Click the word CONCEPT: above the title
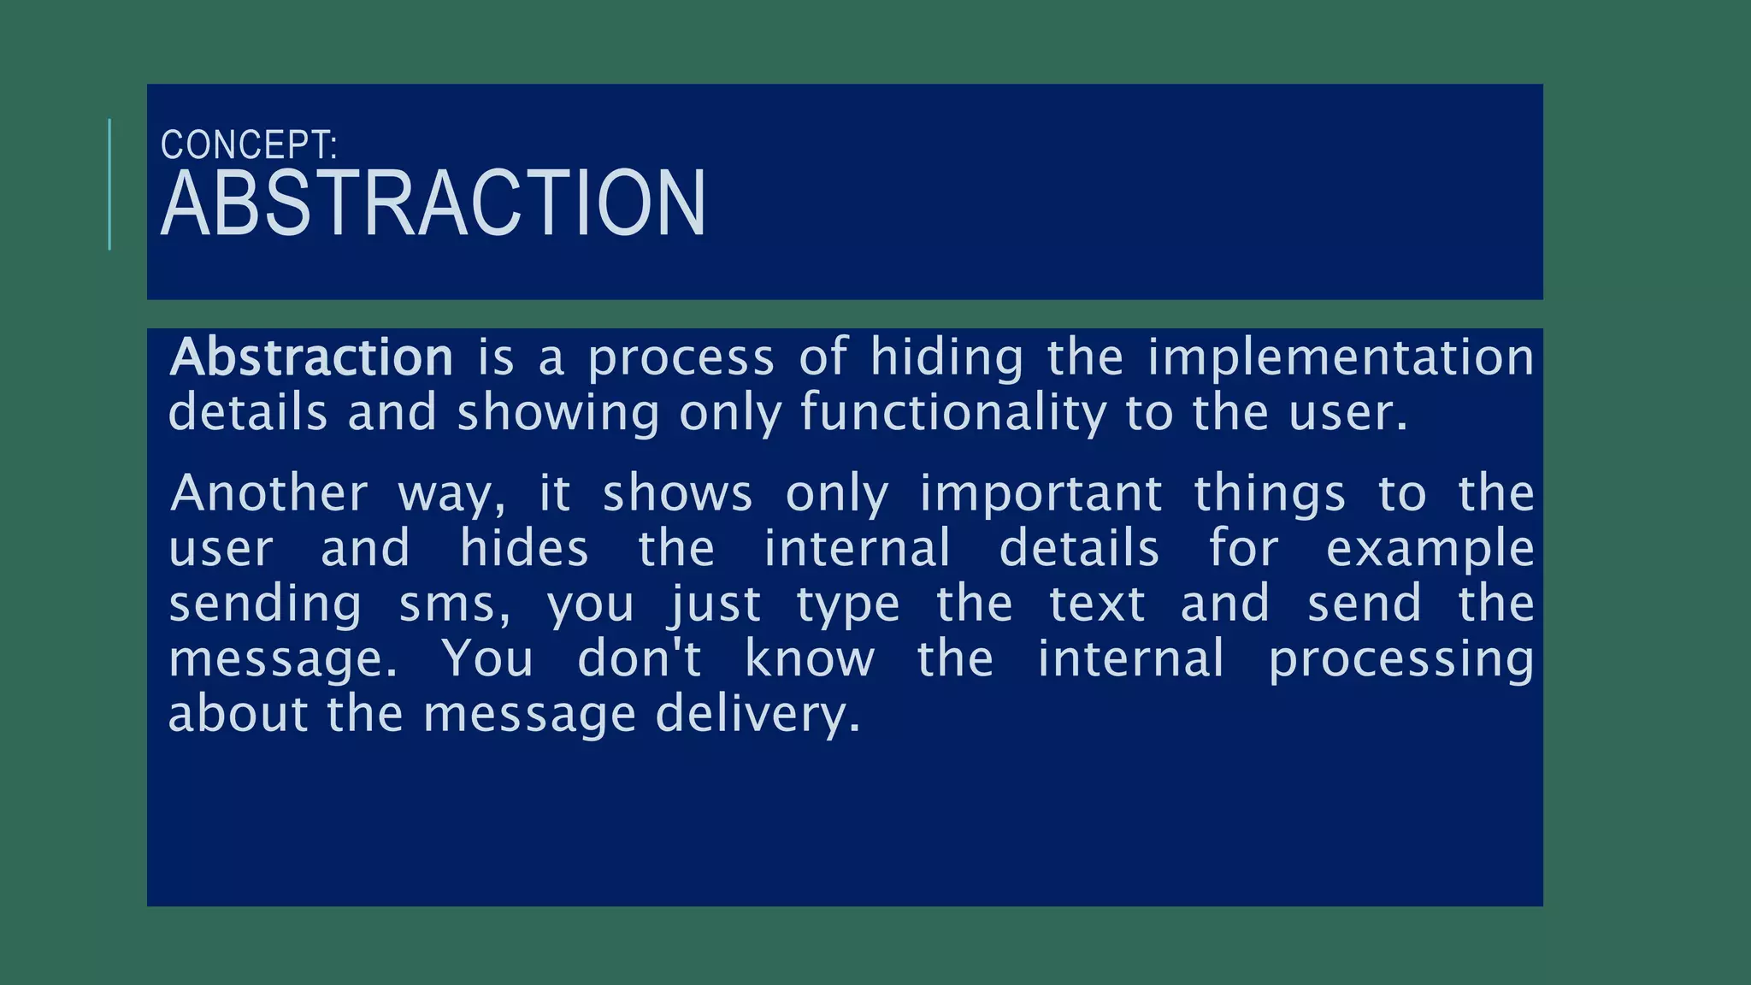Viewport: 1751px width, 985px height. [x=249, y=145]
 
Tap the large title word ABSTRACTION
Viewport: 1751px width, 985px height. [x=433, y=204]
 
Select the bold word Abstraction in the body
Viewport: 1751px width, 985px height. [x=312, y=357]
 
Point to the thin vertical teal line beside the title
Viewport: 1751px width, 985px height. [x=109, y=185]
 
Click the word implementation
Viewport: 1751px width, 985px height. [x=1341, y=357]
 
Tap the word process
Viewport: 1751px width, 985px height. [x=681, y=359]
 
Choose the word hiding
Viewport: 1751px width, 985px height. [x=946, y=359]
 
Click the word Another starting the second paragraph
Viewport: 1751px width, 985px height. [x=269, y=493]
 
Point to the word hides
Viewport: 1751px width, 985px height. [x=524, y=548]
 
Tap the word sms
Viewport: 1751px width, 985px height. [x=453, y=605]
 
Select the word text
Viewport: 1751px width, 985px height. [x=1097, y=605]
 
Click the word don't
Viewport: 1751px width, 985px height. [x=640, y=659]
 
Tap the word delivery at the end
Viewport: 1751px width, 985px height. [x=758, y=716]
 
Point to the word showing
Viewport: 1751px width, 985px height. [x=558, y=414]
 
